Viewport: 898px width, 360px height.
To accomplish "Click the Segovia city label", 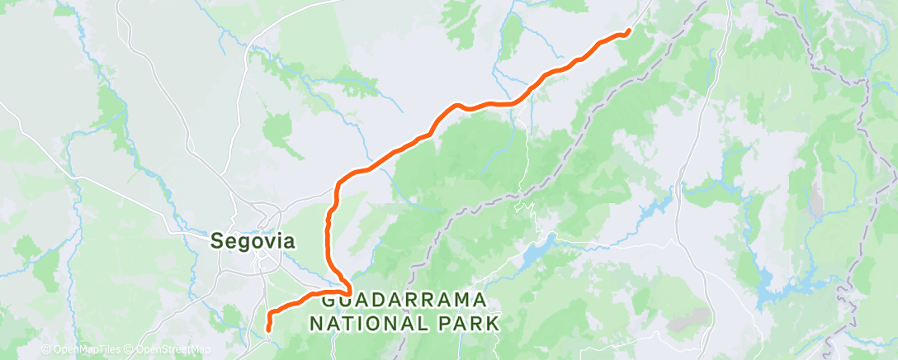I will (252, 241).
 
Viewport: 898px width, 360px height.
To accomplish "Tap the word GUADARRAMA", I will (404, 301).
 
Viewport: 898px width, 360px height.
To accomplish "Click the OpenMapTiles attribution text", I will (80, 350).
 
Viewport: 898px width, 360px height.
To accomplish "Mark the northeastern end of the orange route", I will (628, 31).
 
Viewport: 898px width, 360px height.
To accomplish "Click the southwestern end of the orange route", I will (269, 329).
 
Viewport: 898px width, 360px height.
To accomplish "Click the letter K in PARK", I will (493, 322).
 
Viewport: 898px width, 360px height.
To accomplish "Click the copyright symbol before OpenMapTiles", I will (46, 350).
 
